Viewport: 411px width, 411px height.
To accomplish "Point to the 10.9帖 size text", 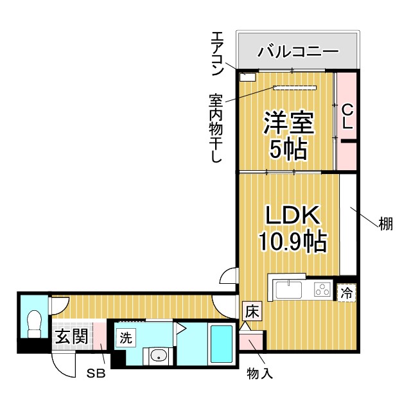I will coord(293,242).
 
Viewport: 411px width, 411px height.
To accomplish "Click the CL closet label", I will coord(347,118).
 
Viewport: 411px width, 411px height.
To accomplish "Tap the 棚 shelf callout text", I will coord(385,224).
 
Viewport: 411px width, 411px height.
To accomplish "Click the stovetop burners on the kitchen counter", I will coord(322,290).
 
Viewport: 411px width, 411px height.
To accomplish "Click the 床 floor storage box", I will coord(252,313).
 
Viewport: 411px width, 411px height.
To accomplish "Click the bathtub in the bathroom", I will coord(222,344).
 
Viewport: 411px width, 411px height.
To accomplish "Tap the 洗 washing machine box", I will coord(125,337).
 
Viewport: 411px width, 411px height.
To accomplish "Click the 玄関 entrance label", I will coord(71,336).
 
